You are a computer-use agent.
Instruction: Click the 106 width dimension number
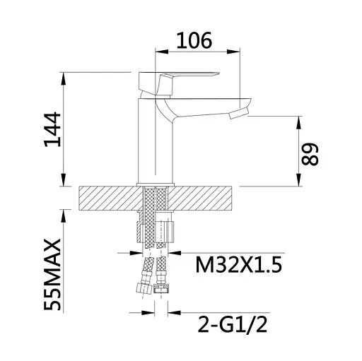point(194,40)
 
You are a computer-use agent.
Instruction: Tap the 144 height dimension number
point(52,129)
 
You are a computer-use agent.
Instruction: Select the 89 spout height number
point(310,154)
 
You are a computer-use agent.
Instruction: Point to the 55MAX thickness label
point(52,275)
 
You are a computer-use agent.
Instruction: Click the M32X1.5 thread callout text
point(239,264)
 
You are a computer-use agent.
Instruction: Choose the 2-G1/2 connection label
point(233,324)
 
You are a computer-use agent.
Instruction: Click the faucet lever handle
point(179,83)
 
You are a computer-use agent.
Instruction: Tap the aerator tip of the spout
point(238,114)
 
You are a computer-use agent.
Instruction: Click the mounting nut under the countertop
point(156,232)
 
